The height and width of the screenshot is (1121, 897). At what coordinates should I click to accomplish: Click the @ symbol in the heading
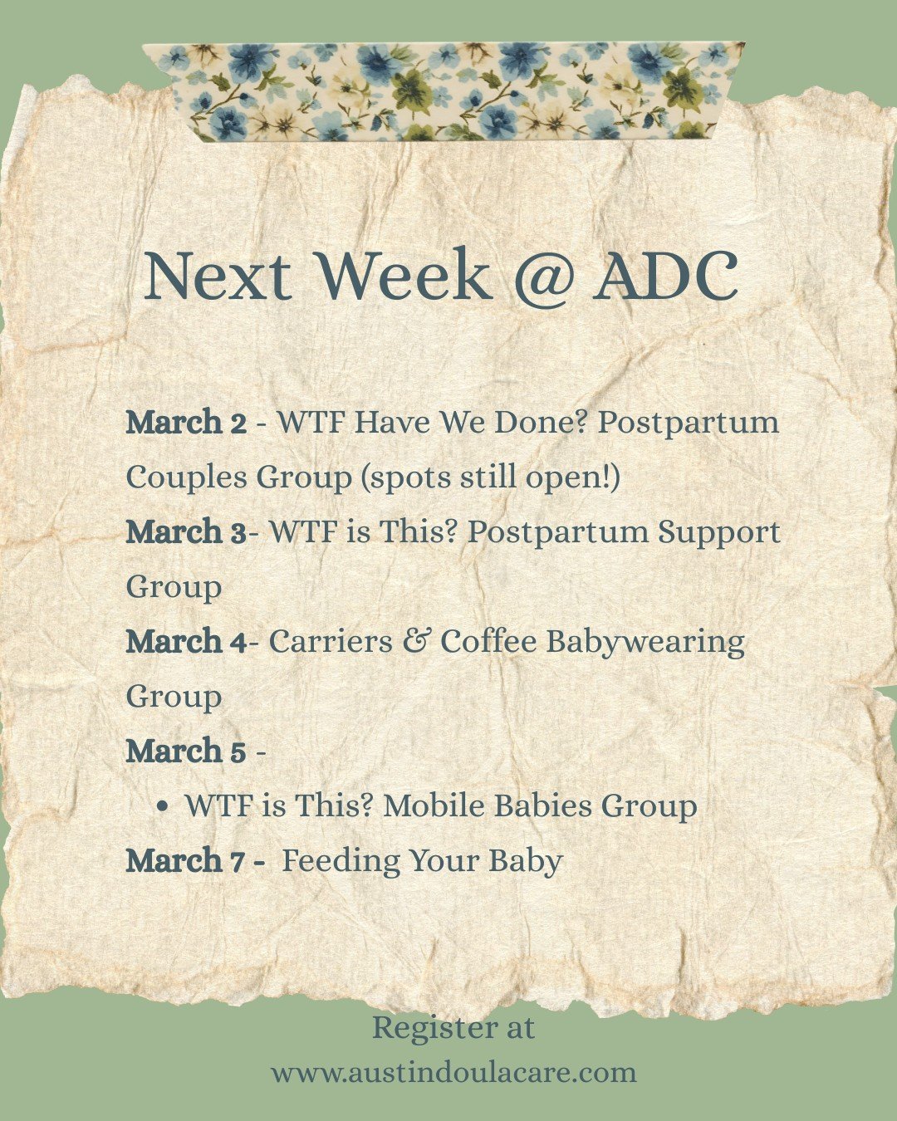tap(543, 277)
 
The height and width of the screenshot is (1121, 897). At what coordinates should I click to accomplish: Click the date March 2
tap(186, 423)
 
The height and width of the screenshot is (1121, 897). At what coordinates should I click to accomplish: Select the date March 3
tap(186, 532)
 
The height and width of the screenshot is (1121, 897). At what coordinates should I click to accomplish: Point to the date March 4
tap(186, 642)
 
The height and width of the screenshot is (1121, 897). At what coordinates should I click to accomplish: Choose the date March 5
tap(186, 751)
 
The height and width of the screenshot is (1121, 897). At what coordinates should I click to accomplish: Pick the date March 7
tap(186, 861)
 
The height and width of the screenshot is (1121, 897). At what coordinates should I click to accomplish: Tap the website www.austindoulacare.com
tap(453, 1072)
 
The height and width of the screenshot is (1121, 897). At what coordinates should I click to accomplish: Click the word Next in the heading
tap(218, 277)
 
